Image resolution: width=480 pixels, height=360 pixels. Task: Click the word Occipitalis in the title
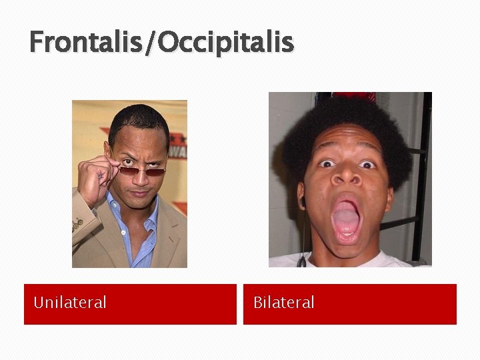(227, 42)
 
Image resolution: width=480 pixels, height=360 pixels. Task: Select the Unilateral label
(69, 303)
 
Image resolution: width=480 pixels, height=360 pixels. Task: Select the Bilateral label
(283, 303)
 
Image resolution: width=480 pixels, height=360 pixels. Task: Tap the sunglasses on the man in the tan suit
(142, 171)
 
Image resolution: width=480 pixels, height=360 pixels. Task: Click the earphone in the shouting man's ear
(301, 200)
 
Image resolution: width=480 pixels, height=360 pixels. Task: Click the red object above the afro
(353, 96)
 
